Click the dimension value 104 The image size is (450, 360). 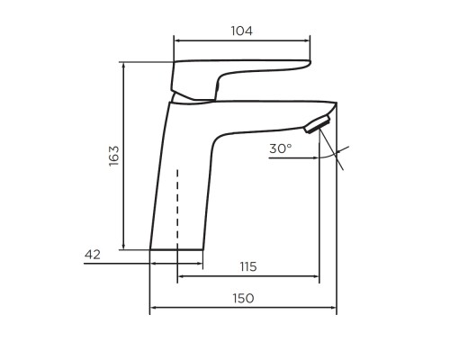tap(241, 31)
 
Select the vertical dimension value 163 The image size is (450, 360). tap(114, 156)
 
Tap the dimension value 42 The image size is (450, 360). tap(93, 255)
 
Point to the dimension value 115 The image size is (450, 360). tap(248, 266)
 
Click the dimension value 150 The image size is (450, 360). tap(243, 298)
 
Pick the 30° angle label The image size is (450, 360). tap(281, 148)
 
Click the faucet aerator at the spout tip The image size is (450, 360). tap(317, 123)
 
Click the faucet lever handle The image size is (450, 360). tap(237, 79)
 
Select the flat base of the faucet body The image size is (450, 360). tap(176, 249)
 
